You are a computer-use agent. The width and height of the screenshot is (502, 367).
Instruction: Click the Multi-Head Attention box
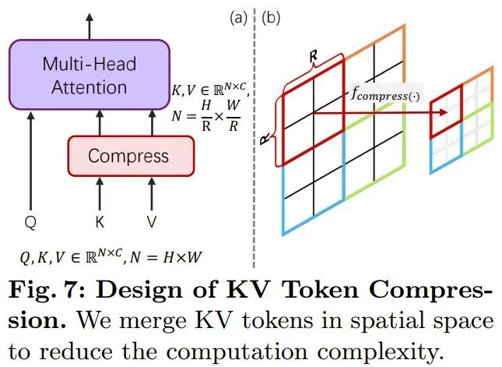(x=89, y=75)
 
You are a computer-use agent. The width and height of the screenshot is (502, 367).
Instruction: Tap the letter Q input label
(x=30, y=222)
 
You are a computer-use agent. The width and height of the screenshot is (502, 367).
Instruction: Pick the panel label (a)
(x=236, y=16)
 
